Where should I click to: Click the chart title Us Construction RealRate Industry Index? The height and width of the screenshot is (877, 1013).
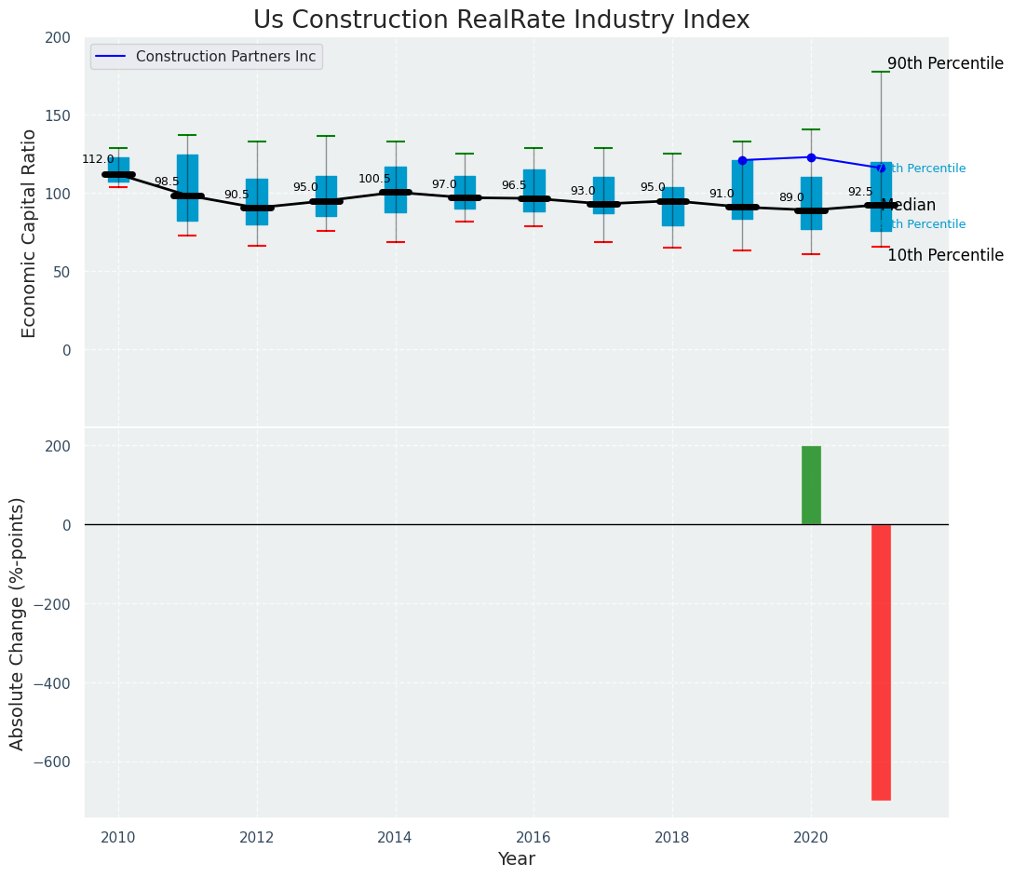pyautogui.click(x=501, y=20)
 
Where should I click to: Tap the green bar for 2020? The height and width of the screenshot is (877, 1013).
pyautogui.click(x=811, y=485)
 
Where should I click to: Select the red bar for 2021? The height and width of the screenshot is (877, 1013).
pyautogui.click(x=881, y=662)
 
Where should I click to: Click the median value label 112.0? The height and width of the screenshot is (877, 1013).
pyautogui.click(x=98, y=160)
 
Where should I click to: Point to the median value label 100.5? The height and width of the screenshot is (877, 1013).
pyautogui.click(x=374, y=180)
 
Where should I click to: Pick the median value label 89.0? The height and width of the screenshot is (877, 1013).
pyautogui.click(x=791, y=198)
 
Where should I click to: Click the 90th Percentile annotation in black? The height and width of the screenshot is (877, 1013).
pyautogui.click(x=945, y=64)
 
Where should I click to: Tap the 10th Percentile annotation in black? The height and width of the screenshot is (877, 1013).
pyautogui.click(x=945, y=256)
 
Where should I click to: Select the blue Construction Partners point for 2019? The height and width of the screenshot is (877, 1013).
pyautogui.click(x=742, y=160)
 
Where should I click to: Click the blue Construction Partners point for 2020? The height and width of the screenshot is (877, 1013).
pyautogui.click(x=811, y=157)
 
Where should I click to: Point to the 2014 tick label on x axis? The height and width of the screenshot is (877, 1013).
pyautogui.click(x=396, y=838)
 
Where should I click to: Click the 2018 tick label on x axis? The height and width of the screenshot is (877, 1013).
pyautogui.click(x=672, y=838)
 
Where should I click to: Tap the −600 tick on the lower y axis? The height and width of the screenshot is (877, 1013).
pyautogui.click(x=53, y=762)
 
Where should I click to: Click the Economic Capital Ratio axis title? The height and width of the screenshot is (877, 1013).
pyautogui.click(x=30, y=233)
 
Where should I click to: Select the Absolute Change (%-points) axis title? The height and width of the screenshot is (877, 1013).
pyautogui.click(x=18, y=623)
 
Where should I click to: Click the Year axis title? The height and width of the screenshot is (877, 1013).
pyautogui.click(x=516, y=859)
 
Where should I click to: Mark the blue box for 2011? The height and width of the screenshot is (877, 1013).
pyautogui.click(x=187, y=188)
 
